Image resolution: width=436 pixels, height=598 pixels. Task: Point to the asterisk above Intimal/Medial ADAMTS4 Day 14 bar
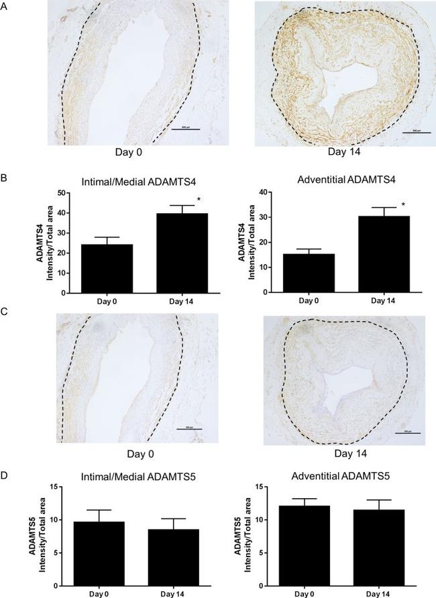coord(199,200)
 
